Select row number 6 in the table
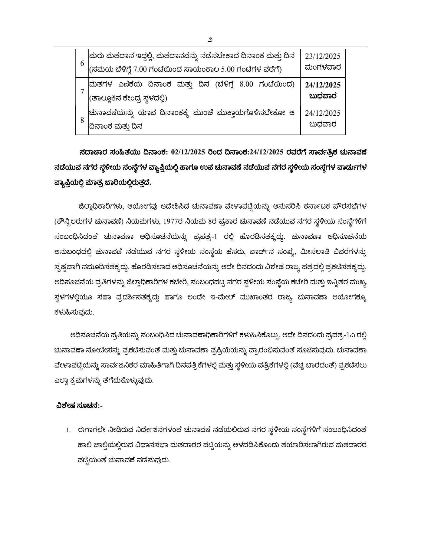pyautogui.click(x=82, y=63)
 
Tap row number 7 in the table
pyautogui.click(x=82, y=91)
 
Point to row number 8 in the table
pyautogui.click(x=82, y=120)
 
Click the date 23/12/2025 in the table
pyautogui.click(x=323, y=56)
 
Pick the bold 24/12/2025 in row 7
pyautogui.click(x=323, y=85)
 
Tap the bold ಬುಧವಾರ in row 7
pyautogui.click(x=323, y=96)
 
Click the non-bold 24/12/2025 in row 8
pyautogui.click(x=323, y=113)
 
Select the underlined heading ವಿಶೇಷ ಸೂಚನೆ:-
pyautogui.click(x=79, y=405)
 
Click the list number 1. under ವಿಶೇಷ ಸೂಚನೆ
pyautogui.click(x=69, y=430)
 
